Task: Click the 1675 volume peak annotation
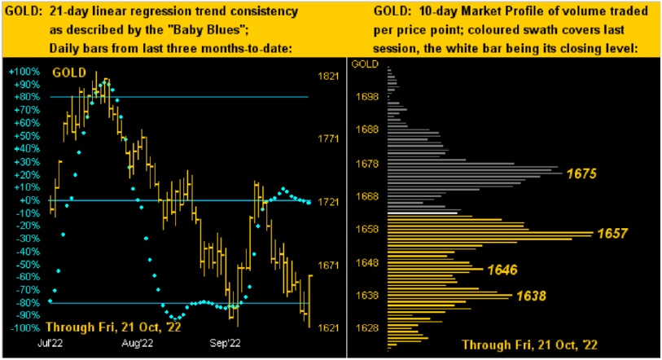tap(584, 173)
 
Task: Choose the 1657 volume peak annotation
tap(612, 234)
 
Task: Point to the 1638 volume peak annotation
tap(529, 296)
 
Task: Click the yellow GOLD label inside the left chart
tap(68, 72)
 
